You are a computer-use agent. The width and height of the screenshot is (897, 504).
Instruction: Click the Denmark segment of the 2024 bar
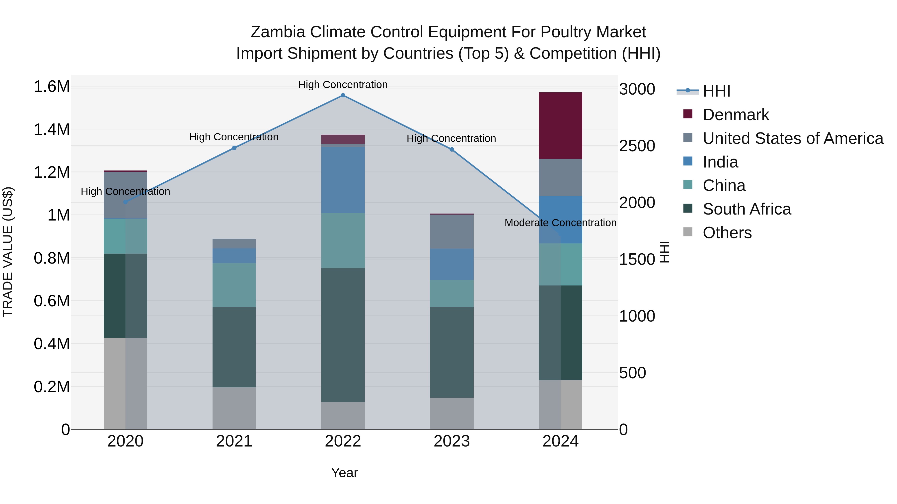(x=560, y=126)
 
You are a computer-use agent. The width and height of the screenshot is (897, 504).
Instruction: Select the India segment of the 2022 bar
(x=343, y=180)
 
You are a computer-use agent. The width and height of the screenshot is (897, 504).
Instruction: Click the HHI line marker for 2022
(x=343, y=95)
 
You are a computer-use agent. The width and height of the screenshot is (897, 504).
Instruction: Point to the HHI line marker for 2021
(x=234, y=148)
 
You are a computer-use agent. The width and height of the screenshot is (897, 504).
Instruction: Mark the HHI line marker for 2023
(x=452, y=150)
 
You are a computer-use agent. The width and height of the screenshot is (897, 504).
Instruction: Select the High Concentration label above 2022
(x=343, y=85)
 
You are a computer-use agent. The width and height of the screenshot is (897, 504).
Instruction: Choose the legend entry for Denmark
(x=736, y=115)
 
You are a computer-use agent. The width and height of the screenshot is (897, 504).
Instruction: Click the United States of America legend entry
(x=793, y=138)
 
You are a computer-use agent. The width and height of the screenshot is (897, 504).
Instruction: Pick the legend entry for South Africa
(x=747, y=209)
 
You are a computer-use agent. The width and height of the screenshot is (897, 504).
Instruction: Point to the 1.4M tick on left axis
(x=52, y=129)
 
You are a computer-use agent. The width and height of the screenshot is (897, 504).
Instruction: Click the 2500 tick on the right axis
(x=637, y=146)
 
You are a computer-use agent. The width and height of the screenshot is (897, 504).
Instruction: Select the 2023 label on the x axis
(x=452, y=441)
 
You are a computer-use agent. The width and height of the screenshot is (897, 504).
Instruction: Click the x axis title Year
(x=344, y=473)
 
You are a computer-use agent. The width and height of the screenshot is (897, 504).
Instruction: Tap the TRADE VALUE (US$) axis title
(x=8, y=252)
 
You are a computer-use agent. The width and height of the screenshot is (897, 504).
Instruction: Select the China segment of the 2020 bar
(x=125, y=236)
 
